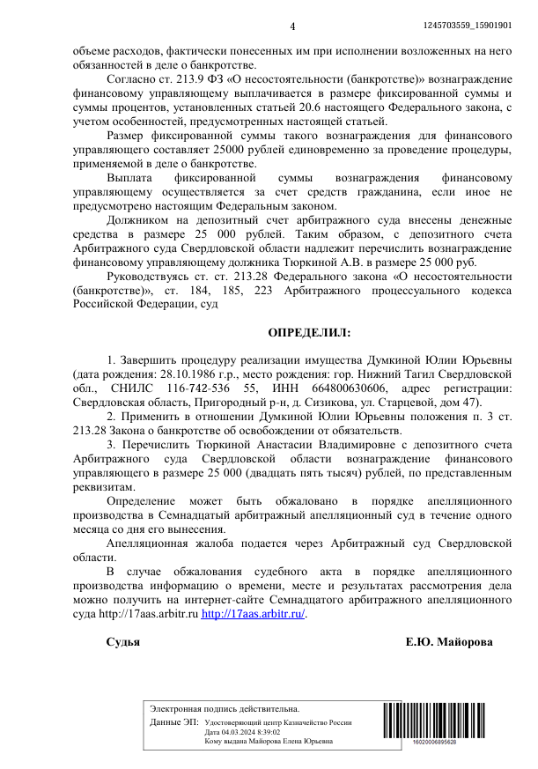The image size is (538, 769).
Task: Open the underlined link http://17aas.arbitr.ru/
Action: [254, 614]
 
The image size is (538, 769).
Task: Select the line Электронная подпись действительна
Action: [225, 708]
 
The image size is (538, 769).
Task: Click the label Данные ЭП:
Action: [174, 721]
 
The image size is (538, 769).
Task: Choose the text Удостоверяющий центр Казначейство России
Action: [278, 721]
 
